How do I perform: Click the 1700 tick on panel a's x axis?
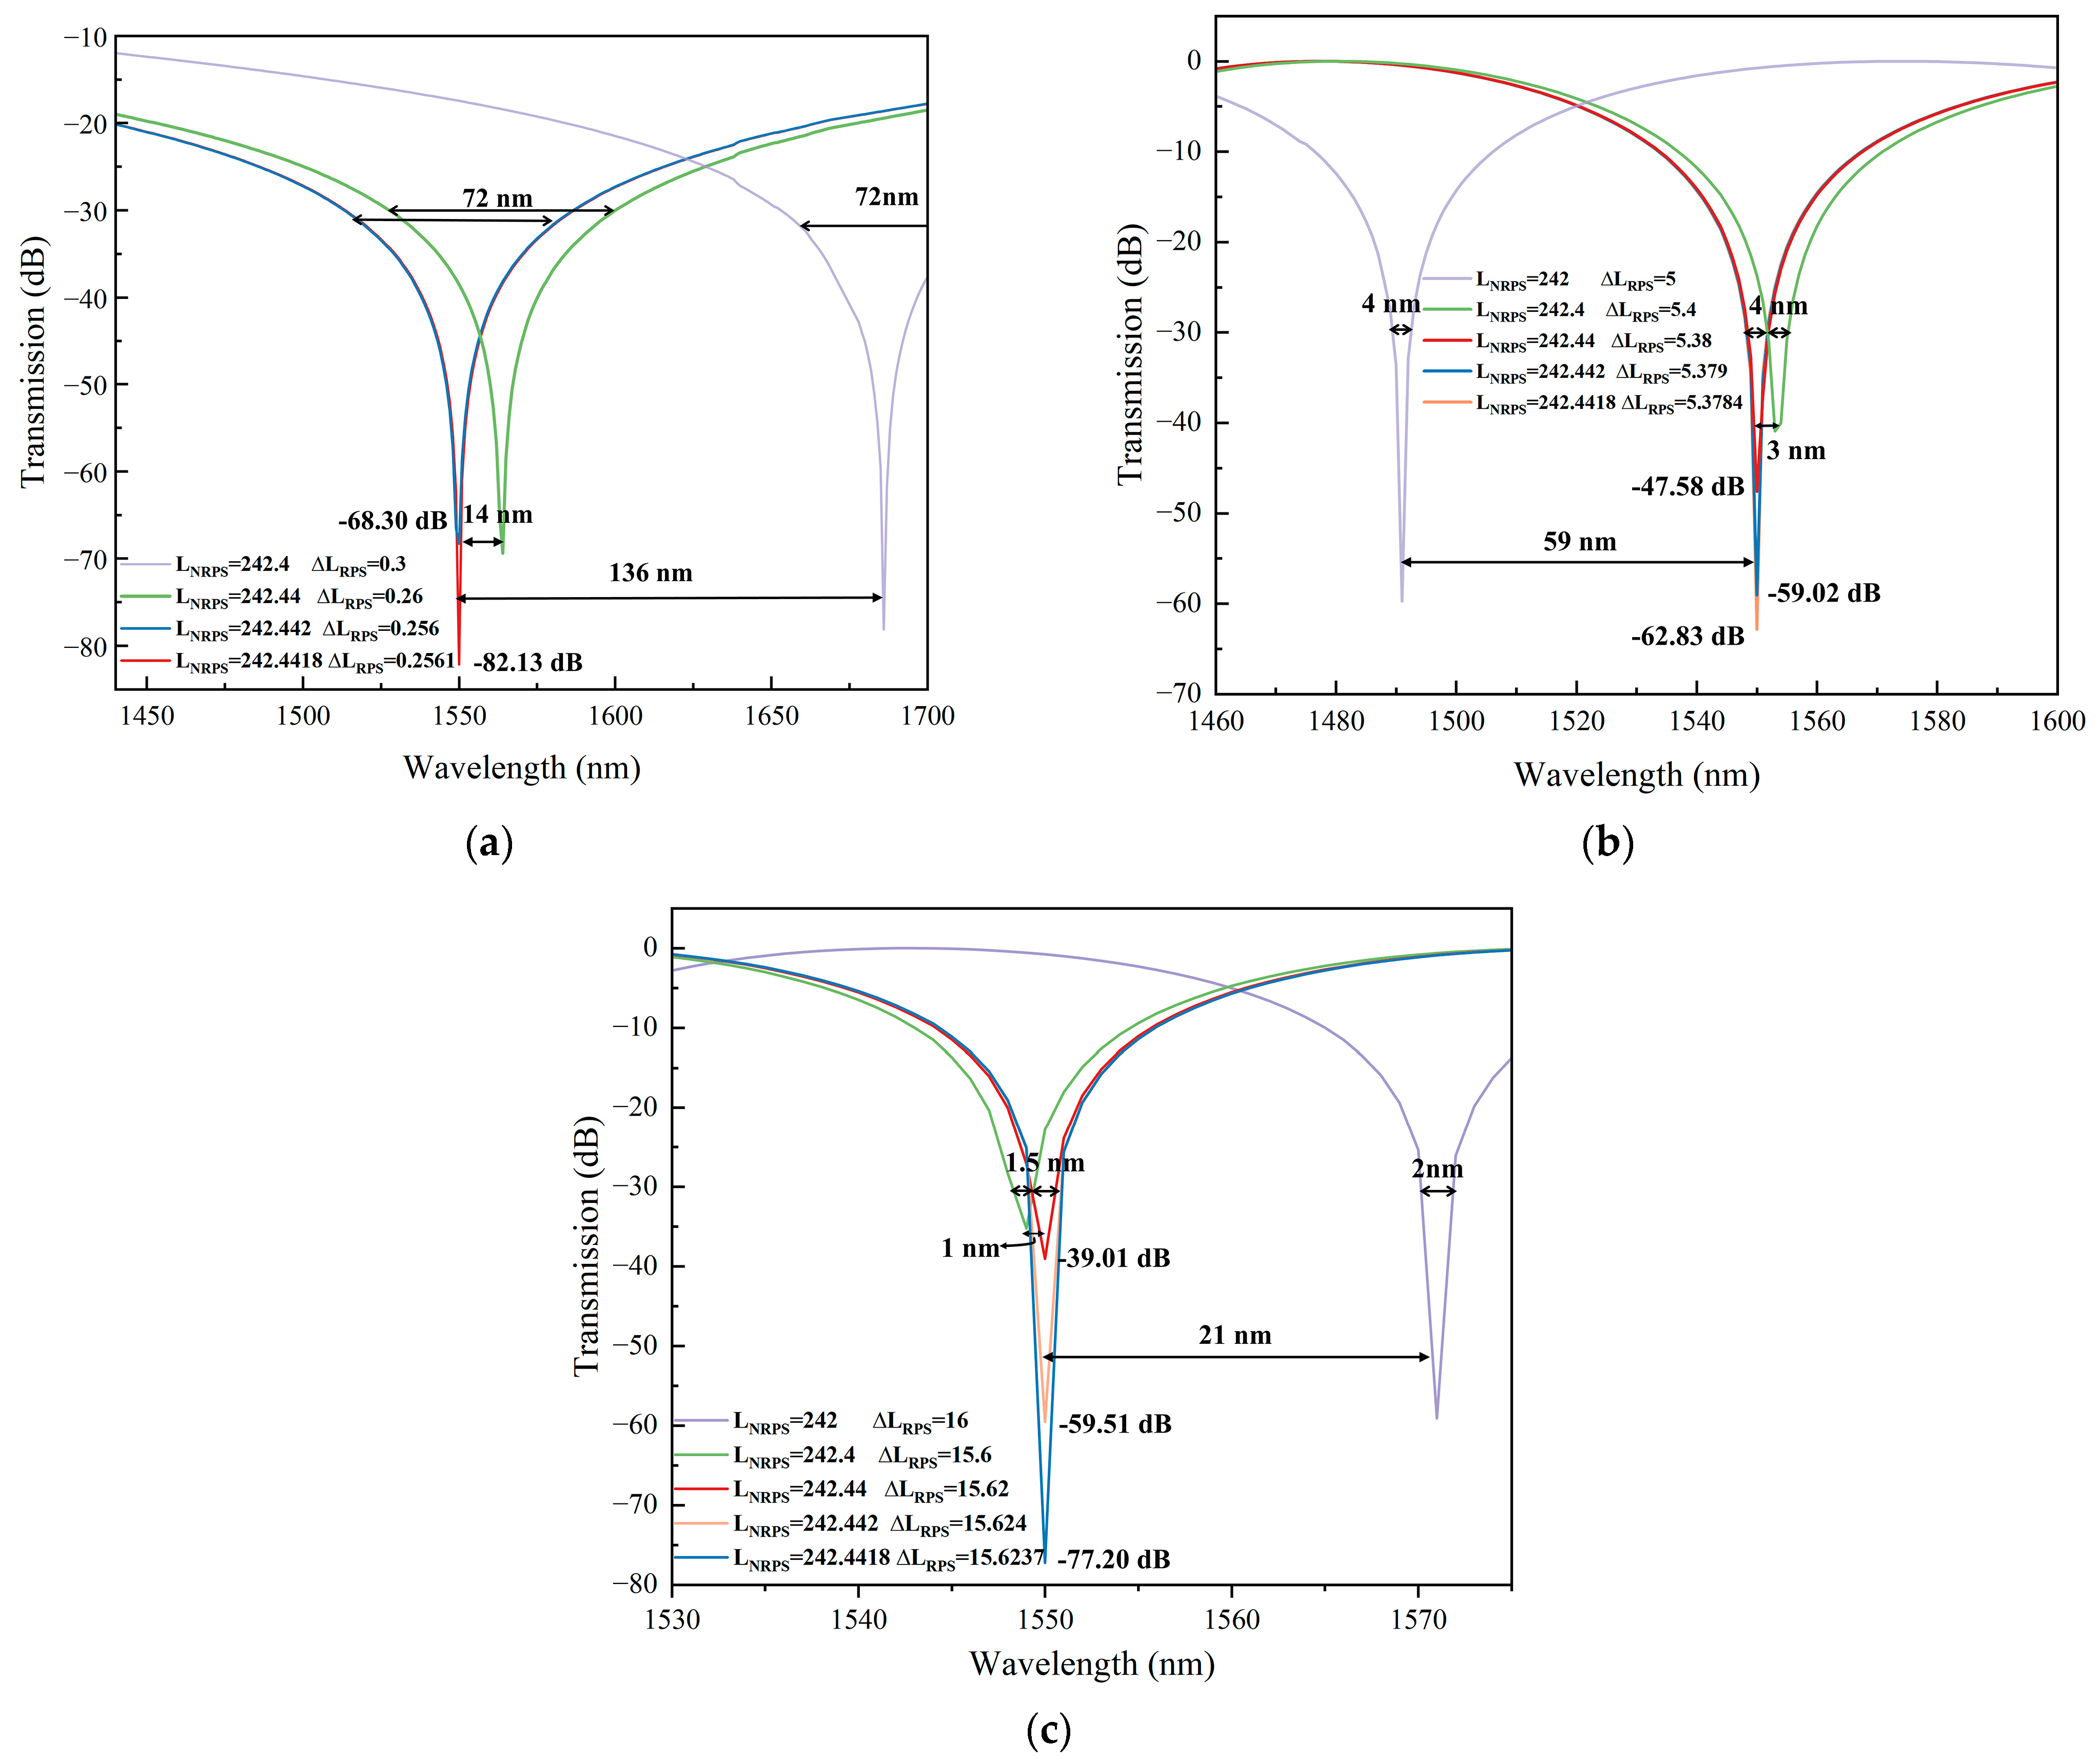tap(927, 716)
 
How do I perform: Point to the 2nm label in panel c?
tap(1437, 1169)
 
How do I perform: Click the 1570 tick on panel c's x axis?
tap(1418, 1620)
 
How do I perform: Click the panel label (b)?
tap(1607, 843)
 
